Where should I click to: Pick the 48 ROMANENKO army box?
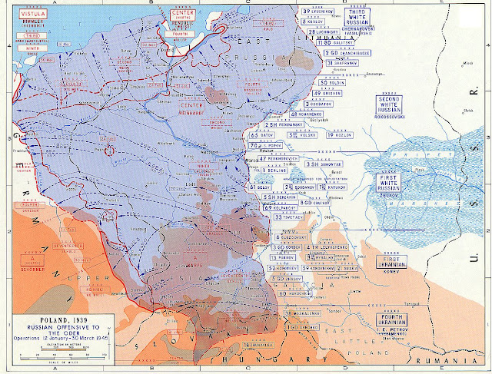tap(307, 114)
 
